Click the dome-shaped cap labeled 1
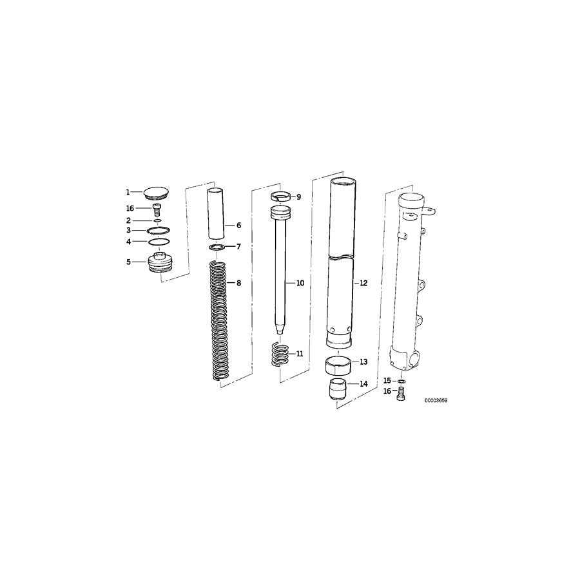tap(156, 191)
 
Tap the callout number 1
tap(128, 192)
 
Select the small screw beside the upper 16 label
tap(157, 208)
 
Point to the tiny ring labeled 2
tap(158, 220)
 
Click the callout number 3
tap(128, 230)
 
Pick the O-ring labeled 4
tap(159, 242)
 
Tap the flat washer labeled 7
tap(218, 247)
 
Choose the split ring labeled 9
tap(281, 197)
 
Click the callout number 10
tap(299, 283)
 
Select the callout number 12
tap(363, 283)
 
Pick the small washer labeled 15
tap(401, 381)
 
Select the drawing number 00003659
tap(436, 400)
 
